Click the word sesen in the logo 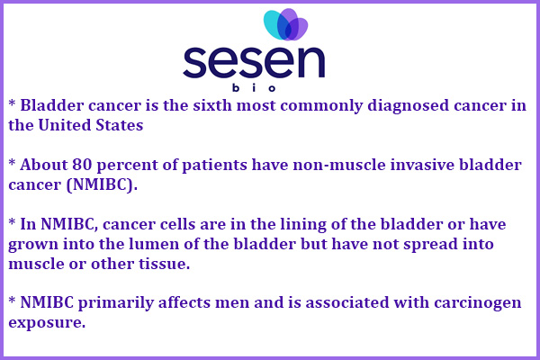pos(254,62)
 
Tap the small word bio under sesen pos(254,88)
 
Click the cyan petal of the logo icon pos(273,23)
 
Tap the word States pos(119,125)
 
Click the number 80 pos(82,165)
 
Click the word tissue pos(165,265)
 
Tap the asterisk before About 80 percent pos(12,162)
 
